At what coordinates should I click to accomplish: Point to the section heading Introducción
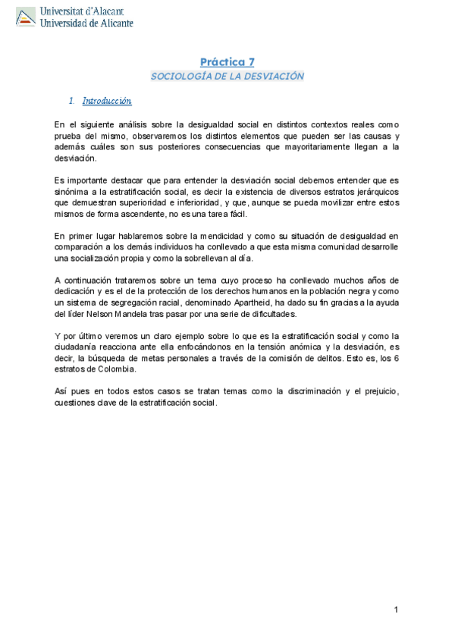point(107,100)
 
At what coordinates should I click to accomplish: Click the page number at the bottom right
point(396,610)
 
